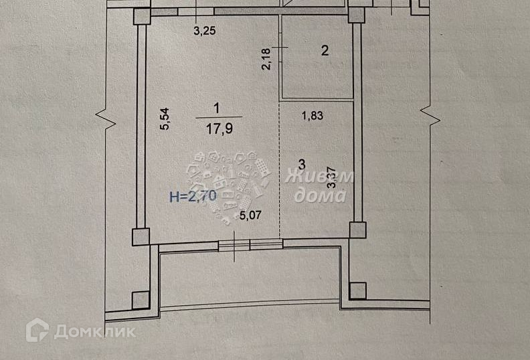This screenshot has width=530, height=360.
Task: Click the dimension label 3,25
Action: coord(205,30)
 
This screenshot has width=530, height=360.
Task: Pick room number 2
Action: coord(325,50)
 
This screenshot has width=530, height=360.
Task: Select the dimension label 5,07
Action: coord(253,216)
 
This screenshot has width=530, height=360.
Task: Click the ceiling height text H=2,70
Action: coord(192,197)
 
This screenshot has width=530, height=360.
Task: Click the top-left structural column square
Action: coord(142,16)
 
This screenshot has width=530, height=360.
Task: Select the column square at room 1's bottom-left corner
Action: coord(141,236)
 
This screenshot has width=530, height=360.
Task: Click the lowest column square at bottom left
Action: coord(141,300)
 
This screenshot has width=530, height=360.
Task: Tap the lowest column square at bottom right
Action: coord(358,290)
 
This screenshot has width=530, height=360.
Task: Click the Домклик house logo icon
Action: coord(37,330)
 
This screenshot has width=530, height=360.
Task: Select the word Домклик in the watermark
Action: coord(94,331)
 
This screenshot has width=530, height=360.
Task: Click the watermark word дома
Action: coord(320,195)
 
